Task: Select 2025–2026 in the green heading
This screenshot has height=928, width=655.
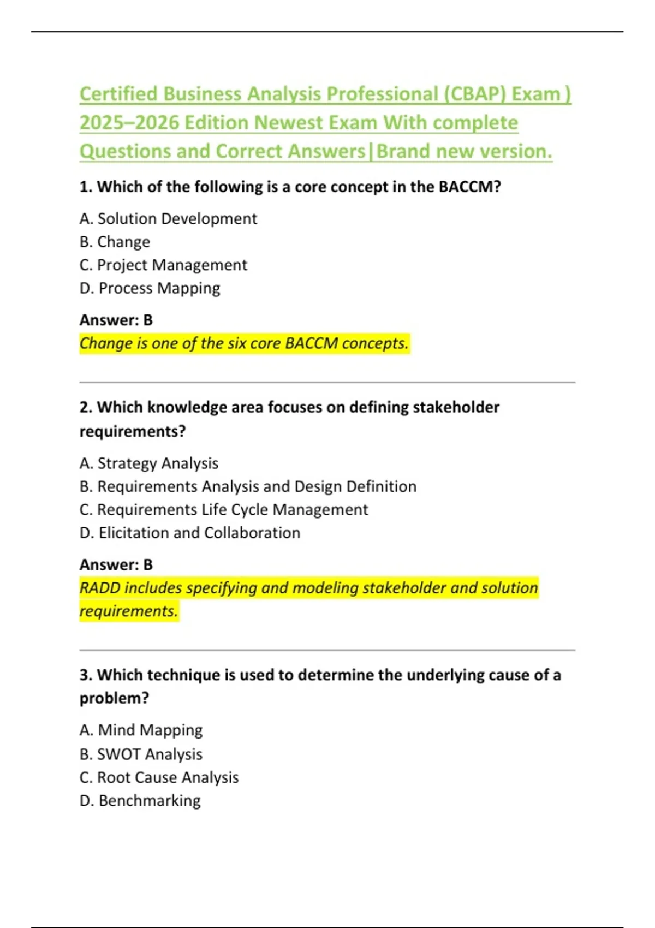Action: tap(129, 123)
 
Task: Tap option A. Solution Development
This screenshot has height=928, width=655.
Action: tap(168, 219)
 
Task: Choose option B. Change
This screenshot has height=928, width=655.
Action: tap(115, 242)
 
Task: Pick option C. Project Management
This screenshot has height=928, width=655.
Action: tap(163, 265)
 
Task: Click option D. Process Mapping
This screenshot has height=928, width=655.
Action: tap(150, 288)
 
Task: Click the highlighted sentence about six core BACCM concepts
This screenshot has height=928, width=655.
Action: tap(244, 343)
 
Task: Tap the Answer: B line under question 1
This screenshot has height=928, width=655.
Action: tap(116, 320)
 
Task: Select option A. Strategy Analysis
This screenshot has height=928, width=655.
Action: tap(149, 463)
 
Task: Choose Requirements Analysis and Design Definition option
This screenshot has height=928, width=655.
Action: tap(248, 486)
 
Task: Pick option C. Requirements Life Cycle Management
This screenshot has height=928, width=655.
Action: tap(224, 510)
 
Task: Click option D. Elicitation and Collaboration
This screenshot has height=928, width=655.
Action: tap(190, 533)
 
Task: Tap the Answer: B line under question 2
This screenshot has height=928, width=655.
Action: tap(116, 564)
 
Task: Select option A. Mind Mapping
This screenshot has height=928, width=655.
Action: tap(141, 730)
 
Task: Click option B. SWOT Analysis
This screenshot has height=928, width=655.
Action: tap(141, 754)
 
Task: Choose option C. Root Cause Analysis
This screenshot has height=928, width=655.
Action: tap(159, 777)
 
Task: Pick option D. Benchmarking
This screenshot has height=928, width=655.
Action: tap(140, 801)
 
